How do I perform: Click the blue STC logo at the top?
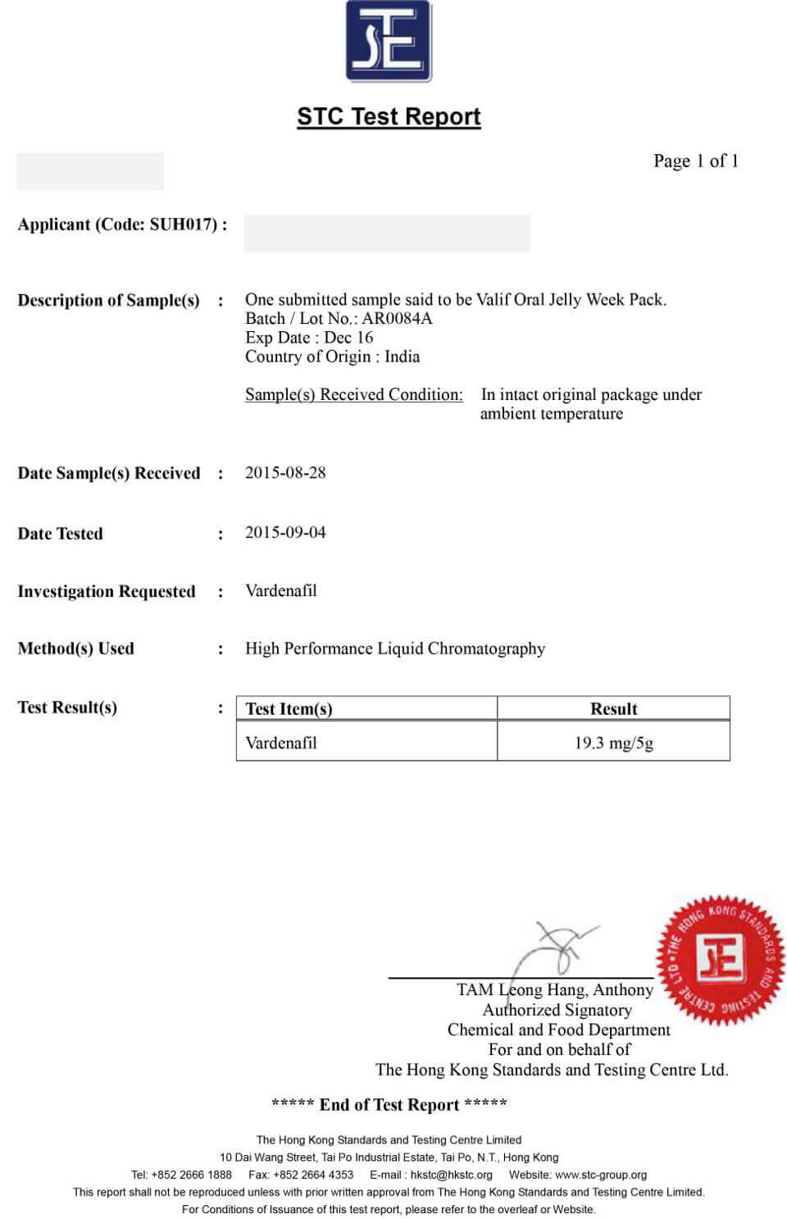[x=389, y=41]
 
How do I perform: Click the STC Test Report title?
[x=389, y=116]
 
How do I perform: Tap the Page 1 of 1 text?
[x=695, y=161]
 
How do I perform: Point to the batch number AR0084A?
[x=397, y=318]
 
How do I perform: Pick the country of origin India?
[x=402, y=357]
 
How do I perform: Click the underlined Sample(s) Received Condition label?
[x=353, y=394]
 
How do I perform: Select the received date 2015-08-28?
[x=285, y=472]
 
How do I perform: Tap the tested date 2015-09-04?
[x=285, y=532]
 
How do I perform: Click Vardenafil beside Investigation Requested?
[x=280, y=590]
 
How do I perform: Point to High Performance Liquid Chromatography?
[x=394, y=648]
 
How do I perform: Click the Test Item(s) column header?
[x=289, y=709]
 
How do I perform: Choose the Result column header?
[x=613, y=709]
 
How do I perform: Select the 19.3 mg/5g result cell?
[x=613, y=743]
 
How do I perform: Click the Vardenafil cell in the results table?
[x=280, y=743]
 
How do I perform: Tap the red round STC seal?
[x=720, y=959]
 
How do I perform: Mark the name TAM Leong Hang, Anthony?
[x=554, y=990]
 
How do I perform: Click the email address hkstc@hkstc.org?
[x=452, y=1175]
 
